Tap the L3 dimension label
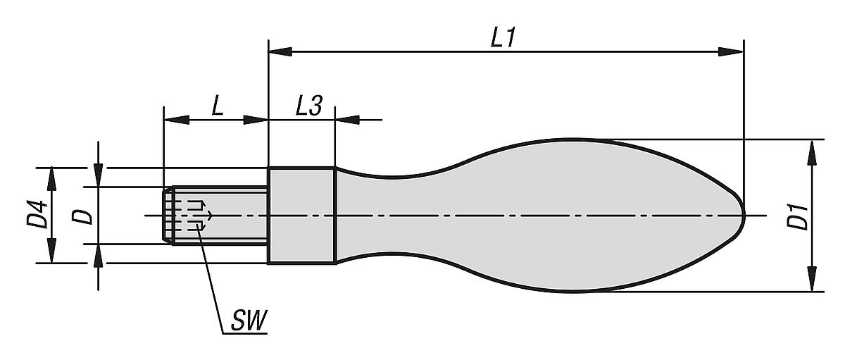(x=308, y=107)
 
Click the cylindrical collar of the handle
(x=301, y=215)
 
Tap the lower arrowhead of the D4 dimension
(x=51, y=252)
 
